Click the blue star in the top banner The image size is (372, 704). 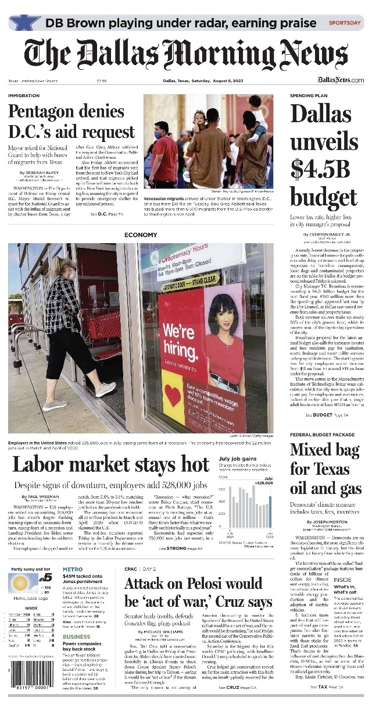coord(25,23)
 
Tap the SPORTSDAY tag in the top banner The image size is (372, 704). coord(344,23)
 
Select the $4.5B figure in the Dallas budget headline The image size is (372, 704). coord(321,169)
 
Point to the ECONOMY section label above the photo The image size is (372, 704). coord(141,235)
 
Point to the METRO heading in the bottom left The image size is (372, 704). coord(73,570)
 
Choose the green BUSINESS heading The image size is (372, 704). coord(76,637)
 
